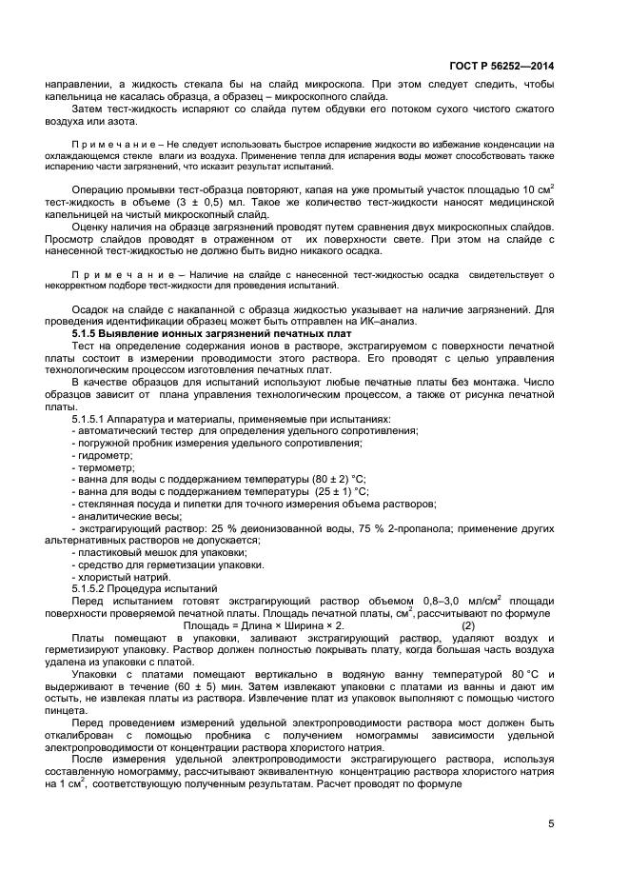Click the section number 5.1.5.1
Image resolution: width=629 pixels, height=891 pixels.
91,420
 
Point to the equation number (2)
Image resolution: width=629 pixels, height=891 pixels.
467,625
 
